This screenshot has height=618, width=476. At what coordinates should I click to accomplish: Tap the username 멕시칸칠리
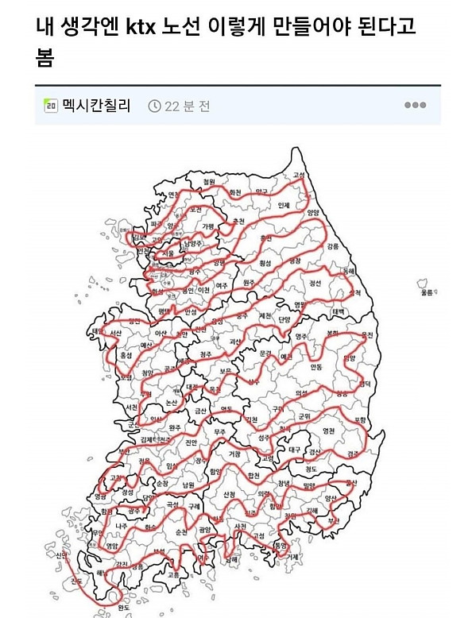click(96, 106)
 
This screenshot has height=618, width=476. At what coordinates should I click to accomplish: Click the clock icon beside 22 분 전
click(154, 106)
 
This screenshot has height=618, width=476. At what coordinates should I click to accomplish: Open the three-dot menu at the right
click(415, 105)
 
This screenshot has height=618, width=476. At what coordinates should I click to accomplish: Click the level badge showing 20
click(50, 106)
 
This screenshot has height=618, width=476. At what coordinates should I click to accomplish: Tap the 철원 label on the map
click(209, 182)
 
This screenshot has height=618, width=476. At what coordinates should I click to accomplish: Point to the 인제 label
click(284, 205)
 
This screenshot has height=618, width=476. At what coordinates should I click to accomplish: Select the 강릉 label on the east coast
click(332, 246)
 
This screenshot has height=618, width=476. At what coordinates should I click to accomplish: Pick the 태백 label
click(338, 311)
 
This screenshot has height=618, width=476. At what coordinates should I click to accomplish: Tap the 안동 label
click(315, 367)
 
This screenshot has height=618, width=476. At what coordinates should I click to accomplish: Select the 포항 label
click(360, 419)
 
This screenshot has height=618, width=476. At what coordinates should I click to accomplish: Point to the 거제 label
click(293, 556)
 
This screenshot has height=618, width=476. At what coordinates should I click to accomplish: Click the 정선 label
click(315, 282)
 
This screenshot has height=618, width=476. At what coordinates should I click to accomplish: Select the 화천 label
click(234, 192)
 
